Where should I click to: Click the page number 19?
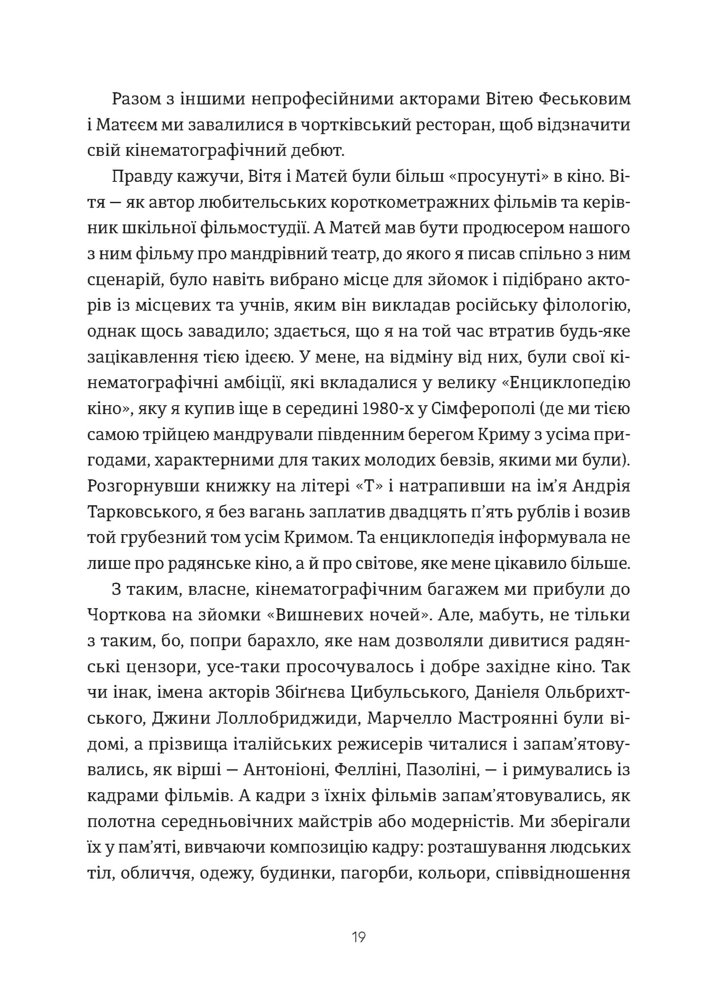coord(358,936)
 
